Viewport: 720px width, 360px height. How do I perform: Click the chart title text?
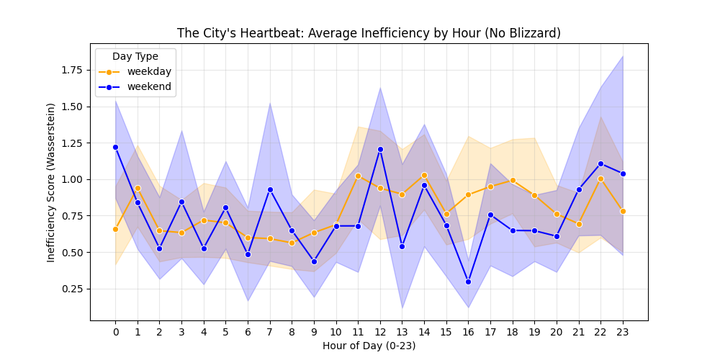click(x=369, y=33)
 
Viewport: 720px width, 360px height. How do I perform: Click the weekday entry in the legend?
click(x=148, y=71)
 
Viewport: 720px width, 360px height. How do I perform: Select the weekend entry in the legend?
click(x=149, y=87)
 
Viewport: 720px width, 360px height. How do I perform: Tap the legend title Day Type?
click(x=135, y=56)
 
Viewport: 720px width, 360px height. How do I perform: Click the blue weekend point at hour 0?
click(x=115, y=147)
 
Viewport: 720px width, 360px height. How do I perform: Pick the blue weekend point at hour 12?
click(x=380, y=149)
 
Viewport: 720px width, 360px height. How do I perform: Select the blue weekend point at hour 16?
click(x=468, y=282)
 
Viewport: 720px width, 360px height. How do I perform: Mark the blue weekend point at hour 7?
click(x=270, y=189)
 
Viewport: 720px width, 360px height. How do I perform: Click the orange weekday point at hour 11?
click(x=358, y=176)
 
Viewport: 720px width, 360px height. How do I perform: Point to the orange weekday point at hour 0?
click(x=115, y=229)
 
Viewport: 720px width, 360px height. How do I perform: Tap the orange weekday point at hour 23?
click(x=623, y=211)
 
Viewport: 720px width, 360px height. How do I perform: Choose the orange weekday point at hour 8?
click(x=292, y=243)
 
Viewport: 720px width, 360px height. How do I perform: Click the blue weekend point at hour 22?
click(x=600, y=163)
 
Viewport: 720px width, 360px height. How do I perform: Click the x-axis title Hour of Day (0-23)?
click(x=369, y=346)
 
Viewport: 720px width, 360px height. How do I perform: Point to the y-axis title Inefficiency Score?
click(x=51, y=182)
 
